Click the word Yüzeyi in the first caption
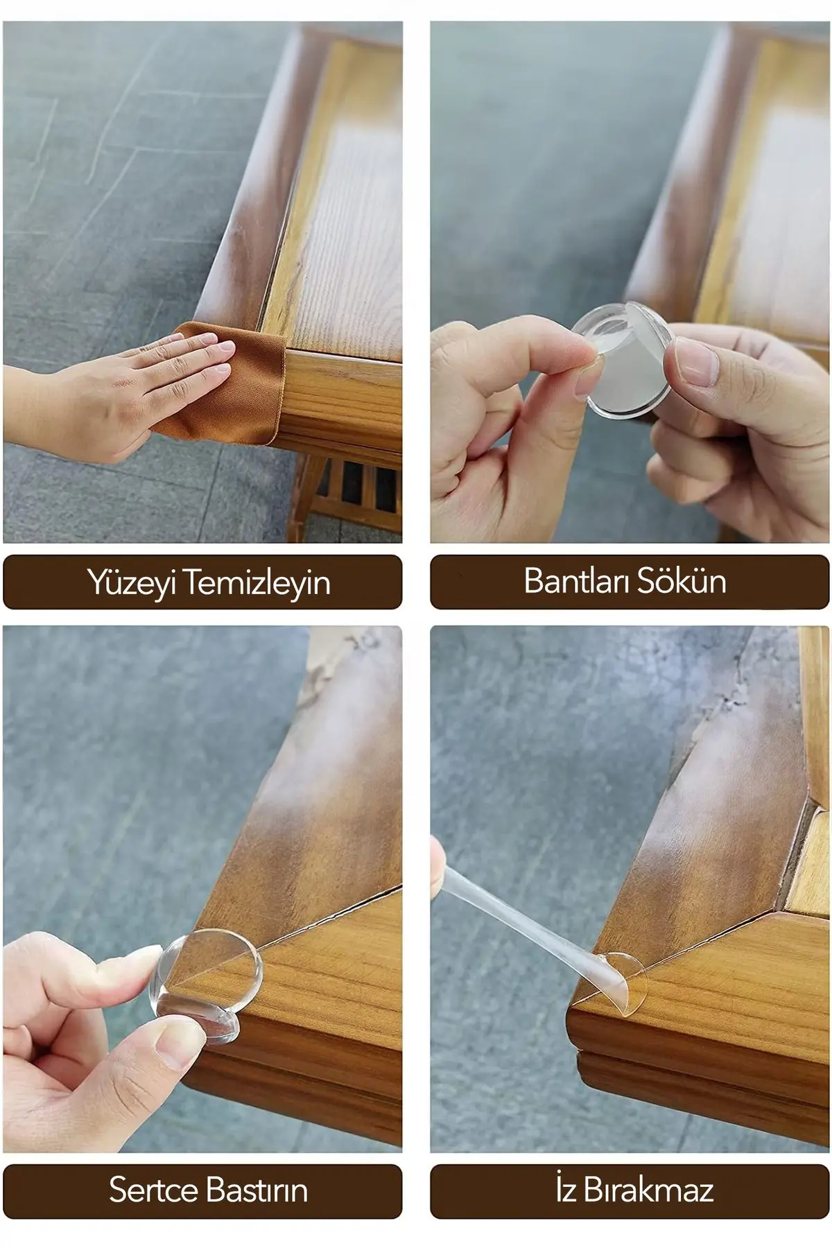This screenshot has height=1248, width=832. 132,582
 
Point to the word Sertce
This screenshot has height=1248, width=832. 153,1190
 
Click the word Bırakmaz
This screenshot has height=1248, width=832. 649,1190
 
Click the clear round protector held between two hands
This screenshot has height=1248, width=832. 624,361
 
